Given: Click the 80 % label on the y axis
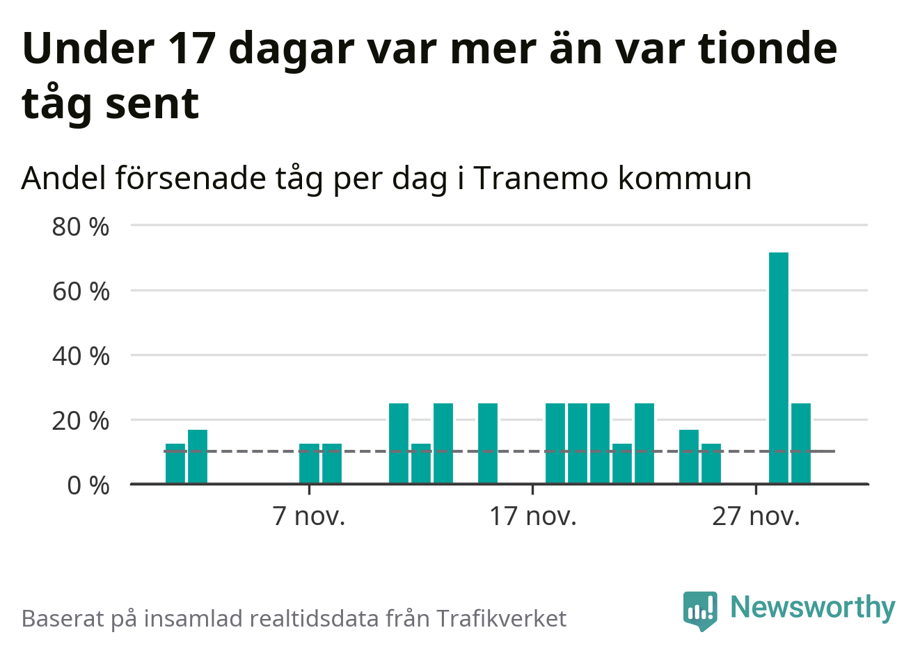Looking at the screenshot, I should coord(81,227).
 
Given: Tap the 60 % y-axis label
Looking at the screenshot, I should coord(81,291).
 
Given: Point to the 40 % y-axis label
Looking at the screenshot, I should coord(81,356).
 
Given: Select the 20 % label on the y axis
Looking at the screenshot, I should coord(81,421).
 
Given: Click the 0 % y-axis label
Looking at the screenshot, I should coord(88,485).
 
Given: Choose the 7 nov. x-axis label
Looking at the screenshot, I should coord(309,516).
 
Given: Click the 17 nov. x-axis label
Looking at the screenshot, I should coord(532,516).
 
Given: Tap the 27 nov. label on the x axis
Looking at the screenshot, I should coord(756,516).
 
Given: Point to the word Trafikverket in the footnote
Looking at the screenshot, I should coord(501,618).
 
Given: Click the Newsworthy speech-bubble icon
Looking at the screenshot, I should coord(700,610).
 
